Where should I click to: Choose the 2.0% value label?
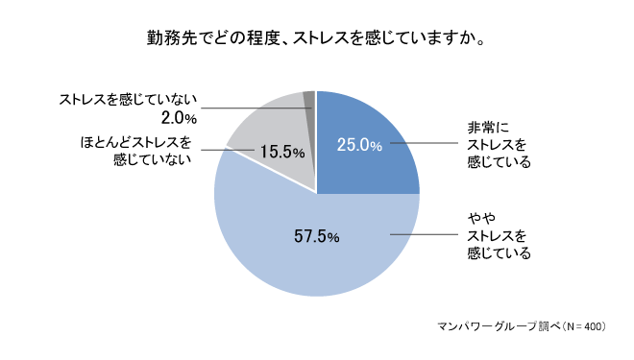tap(181, 118)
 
